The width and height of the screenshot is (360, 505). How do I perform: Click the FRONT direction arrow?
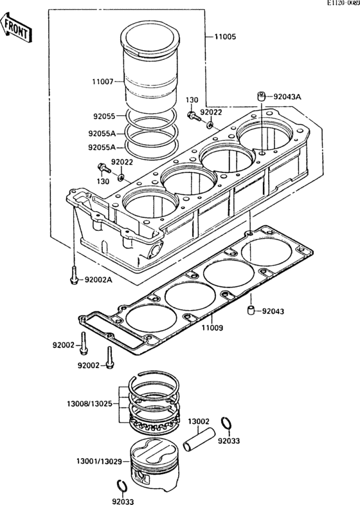click(15, 27)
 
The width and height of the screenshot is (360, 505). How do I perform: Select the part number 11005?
click(225, 37)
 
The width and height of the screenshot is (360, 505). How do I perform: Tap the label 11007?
click(103, 82)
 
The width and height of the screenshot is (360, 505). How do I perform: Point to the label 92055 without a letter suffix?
click(104, 116)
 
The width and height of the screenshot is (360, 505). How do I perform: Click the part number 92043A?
click(287, 96)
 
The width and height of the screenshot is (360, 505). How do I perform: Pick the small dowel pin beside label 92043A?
click(261, 96)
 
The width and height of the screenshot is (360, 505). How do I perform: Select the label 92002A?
click(98, 280)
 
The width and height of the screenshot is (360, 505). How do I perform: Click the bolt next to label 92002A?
click(74, 275)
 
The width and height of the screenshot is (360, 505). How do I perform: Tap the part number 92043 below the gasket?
click(273, 311)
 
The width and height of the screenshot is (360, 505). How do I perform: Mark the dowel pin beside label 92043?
click(251, 311)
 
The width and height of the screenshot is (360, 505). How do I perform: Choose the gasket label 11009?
click(212, 328)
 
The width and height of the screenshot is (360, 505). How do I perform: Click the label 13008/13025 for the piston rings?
click(90, 403)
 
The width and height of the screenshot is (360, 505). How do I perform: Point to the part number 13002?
click(199, 421)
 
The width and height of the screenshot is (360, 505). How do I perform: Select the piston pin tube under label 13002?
click(199, 439)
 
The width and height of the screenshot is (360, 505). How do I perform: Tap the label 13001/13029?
click(99, 461)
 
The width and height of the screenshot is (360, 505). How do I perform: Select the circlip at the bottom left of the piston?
click(122, 486)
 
